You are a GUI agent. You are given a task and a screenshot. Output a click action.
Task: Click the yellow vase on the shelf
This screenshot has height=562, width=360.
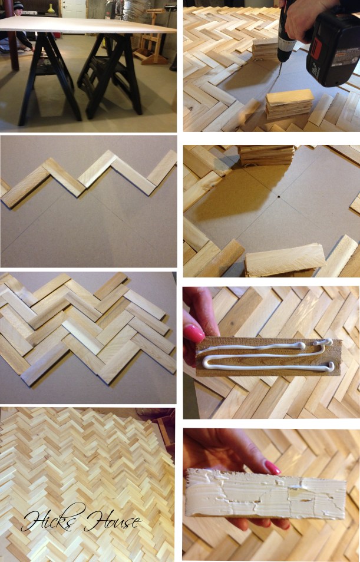51,8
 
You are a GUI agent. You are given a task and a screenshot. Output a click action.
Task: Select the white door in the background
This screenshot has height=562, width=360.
74,8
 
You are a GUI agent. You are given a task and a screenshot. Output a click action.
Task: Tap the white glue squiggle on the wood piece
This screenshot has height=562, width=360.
265,356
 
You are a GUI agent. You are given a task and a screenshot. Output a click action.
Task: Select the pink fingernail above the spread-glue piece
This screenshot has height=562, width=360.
272,468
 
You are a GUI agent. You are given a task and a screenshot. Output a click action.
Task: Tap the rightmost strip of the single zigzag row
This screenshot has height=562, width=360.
162,167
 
